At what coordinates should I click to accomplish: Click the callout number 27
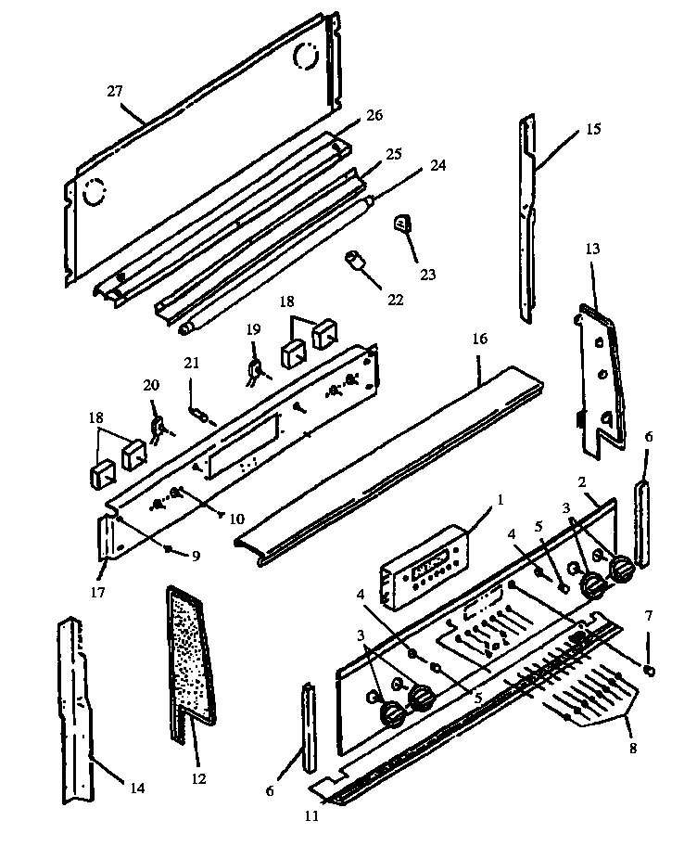pyautogui.click(x=115, y=91)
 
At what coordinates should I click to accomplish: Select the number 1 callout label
pyautogui.click(x=500, y=499)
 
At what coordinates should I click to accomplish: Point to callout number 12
pyautogui.click(x=198, y=778)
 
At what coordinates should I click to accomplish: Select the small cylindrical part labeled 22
pyautogui.click(x=355, y=260)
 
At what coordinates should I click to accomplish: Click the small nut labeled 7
pyautogui.click(x=649, y=670)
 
